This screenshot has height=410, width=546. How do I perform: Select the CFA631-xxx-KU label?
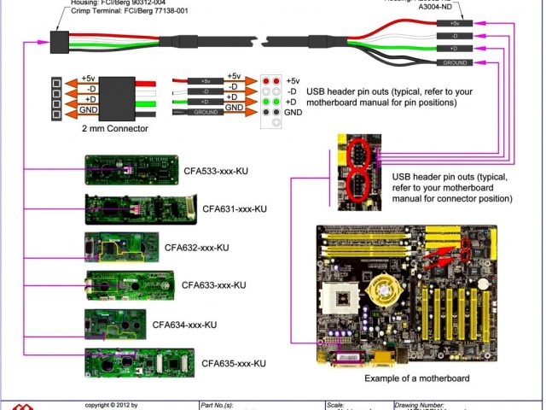(x=235, y=208)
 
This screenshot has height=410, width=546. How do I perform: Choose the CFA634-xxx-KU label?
(x=184, y=325)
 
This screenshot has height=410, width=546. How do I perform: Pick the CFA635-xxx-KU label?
(x=234, y=363)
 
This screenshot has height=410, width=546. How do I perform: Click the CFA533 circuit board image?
(x=131, y=169)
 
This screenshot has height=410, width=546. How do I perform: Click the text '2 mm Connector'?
(x=114, y=129)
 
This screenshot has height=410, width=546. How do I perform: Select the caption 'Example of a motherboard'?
(x=416, y=378)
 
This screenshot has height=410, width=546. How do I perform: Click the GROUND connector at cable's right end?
(x=456, y=62)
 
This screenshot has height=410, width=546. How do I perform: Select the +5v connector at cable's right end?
(x=456, y=23)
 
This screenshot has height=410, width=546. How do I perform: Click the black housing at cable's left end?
(x=60, y=41)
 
